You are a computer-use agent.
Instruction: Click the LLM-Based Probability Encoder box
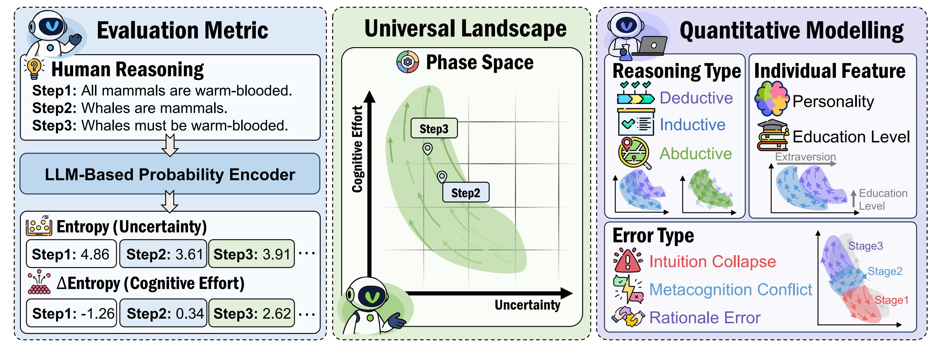click(x=170, y=174)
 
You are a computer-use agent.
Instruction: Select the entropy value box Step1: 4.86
click(x=71, y=254)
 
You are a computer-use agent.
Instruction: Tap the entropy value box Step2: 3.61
click(x=164, y=254)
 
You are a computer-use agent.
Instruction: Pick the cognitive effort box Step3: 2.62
click(x=252, y=313)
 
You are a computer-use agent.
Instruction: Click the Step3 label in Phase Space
click(x=434, y=128)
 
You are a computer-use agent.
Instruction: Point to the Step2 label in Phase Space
click(x=466, y=192)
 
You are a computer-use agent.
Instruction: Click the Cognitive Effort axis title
click(x=357, y=149)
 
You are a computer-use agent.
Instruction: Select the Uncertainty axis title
click(x=527, y=305)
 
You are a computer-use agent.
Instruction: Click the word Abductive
click(x=695, y=153)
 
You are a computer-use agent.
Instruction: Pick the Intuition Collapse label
click(x=713, y=262)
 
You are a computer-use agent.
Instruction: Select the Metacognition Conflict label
click(x=730, y=290)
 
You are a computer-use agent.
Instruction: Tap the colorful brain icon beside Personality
click(x=772, y=98)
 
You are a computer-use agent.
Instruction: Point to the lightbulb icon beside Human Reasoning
click(x=34, y=68)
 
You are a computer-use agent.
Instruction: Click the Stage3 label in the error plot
click(x=865, y=246)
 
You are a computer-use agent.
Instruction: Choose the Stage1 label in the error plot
click(x=892, y=300)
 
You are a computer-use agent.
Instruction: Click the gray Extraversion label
click(x=805, y=157)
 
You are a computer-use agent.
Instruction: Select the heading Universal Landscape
click(x=465, y=29)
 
